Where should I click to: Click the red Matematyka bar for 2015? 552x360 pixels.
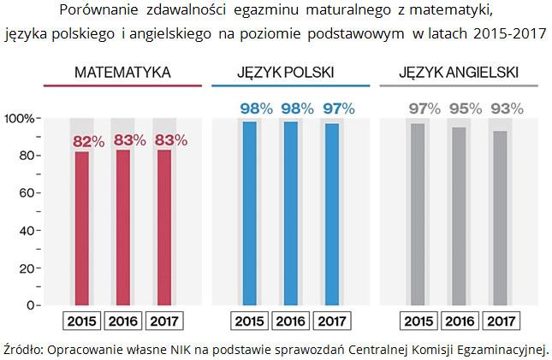pyautogui.click(x=82, y=227)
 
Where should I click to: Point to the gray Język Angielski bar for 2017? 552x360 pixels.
pyautogui.click(x=500, y=217)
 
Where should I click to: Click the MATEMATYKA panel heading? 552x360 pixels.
pyautogui.click(x=122, y=73)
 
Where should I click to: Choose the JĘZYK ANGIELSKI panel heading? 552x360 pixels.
pyautogui.click(x=459, y=73)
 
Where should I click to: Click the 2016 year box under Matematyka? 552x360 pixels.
pyautogui.click(x=124, y=322)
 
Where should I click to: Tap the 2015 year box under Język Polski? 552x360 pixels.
pyautogui.click(x=249, y=322)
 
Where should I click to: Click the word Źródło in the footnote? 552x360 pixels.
pyautogui.click(x=23, y=349)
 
